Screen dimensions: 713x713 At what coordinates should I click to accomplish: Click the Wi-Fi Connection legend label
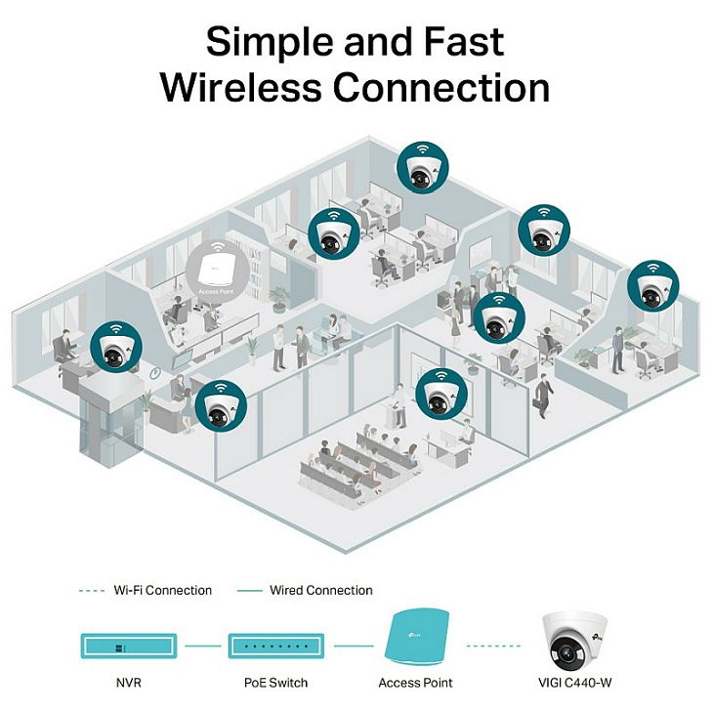point(162,590)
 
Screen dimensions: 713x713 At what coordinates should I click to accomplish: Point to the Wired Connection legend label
point(319,590)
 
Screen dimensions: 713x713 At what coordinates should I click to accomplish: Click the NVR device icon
point(129,646)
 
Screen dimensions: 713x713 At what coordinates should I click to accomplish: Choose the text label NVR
point(129,682)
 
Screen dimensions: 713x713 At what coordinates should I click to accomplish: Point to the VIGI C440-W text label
point(582,682)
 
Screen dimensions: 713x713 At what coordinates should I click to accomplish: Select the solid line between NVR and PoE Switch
point(202,646)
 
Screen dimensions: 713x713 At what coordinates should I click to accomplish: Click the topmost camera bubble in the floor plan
point(422,167)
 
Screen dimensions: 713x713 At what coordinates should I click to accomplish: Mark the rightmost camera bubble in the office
point(651,285)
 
